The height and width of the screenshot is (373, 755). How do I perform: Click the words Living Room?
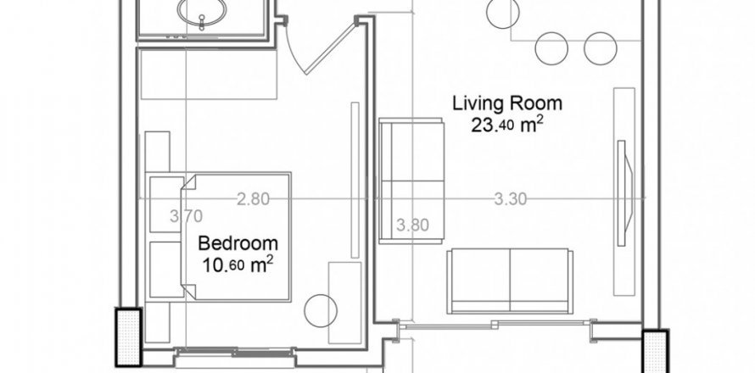coord(507,103)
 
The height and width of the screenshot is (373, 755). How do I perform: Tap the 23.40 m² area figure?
coord(507,125)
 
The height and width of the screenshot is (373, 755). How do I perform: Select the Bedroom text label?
coord(238,243)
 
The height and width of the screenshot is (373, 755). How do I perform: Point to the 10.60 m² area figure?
coord(238,264)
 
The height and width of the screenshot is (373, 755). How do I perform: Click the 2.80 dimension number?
coord(253,198)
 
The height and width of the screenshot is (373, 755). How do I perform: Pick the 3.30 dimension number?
coord(511,198)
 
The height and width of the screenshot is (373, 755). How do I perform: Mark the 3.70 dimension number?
coord(187,216)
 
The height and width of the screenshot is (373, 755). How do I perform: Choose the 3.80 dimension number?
coord(412,225)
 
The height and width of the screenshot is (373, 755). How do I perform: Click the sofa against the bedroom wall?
coord(411,181)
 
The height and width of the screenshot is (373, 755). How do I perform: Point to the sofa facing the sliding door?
coord(510,281)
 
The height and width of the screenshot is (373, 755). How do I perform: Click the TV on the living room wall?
coord(625,193)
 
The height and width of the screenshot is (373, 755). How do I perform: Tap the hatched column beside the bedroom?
coord(129,337)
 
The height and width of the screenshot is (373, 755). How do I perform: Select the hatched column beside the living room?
coord(656,351)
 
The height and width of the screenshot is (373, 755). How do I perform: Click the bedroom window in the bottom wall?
coord(235,353)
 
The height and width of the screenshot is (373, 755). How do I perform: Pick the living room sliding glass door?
coord(495,326)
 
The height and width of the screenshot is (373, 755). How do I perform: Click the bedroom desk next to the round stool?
coord(344,303)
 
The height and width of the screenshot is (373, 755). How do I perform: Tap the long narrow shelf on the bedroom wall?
coord(355,180)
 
